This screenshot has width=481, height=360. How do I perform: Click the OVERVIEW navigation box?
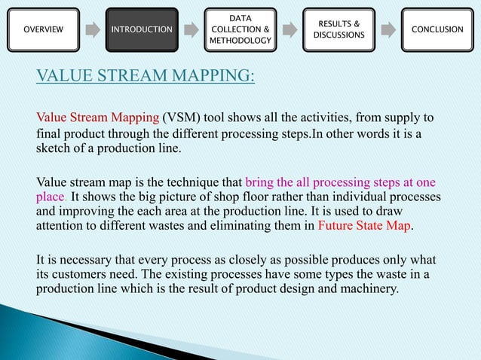point(44,29)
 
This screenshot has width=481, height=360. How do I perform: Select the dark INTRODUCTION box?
point(142,29)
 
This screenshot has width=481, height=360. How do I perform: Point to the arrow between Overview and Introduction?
point(93,29)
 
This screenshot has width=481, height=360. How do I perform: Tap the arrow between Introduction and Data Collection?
point(191,29)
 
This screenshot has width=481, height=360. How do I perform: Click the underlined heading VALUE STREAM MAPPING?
point(146,77)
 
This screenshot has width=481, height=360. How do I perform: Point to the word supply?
point(409,118)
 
